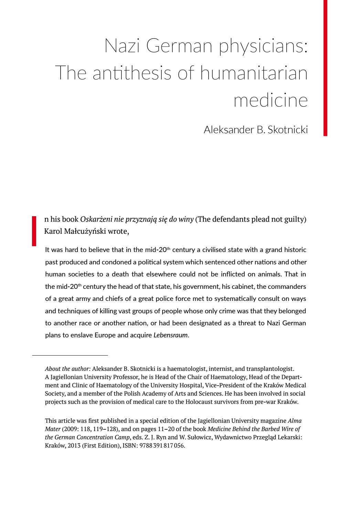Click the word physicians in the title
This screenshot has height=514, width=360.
263,46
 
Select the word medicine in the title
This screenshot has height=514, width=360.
271,100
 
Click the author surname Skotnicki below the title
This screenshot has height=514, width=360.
287,130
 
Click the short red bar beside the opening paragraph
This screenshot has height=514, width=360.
34,231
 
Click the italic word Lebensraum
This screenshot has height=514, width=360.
171,335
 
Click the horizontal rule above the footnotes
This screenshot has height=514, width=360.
70,355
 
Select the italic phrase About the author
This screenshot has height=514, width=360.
68,369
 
